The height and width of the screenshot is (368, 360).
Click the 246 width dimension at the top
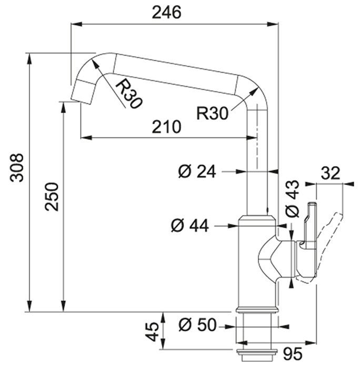[167, 13]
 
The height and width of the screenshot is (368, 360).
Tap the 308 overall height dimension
[17, 168]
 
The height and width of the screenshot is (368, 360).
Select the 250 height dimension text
[52, 197]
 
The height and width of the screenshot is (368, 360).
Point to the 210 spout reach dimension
[167, 127]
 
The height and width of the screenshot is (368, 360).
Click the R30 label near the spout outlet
[129, 94]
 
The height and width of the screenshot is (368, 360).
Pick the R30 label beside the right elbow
[212, 114]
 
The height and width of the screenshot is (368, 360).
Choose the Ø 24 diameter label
[197, 171]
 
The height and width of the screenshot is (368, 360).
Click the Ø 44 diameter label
[190, 226]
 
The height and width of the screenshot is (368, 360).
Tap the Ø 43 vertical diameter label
[292, 199]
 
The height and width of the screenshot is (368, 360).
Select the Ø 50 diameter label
[197, 325]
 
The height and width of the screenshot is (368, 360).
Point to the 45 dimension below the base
[152, 332]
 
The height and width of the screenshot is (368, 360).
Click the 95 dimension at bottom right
[293, 353]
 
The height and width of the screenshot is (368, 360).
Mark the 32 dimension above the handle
[331, 173]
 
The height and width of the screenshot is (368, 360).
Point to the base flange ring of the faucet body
[257, 310]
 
